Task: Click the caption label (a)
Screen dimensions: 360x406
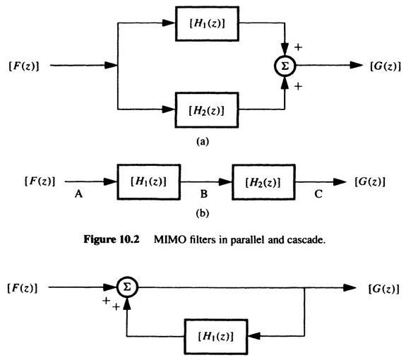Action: [204, 141]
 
